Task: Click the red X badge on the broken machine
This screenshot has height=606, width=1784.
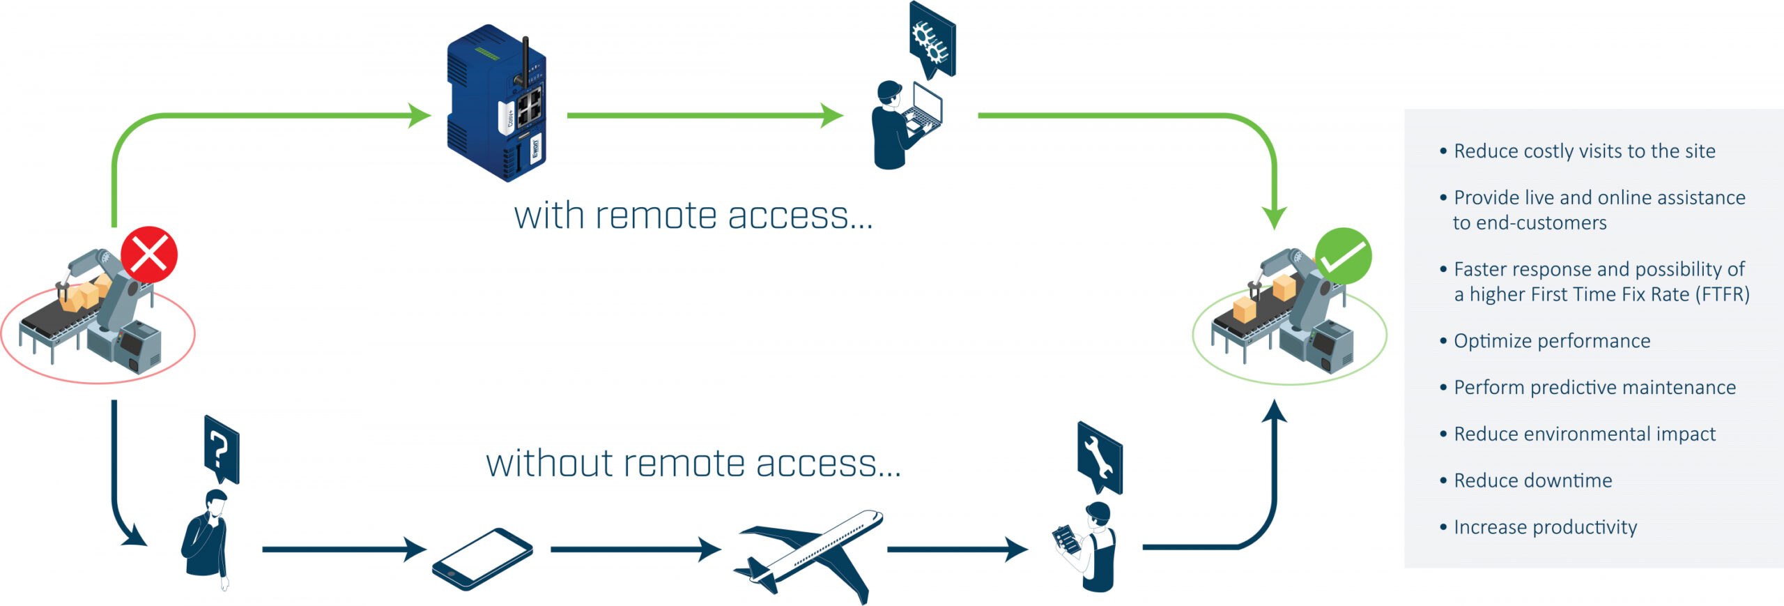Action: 149,254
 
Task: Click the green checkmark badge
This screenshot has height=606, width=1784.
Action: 1343,256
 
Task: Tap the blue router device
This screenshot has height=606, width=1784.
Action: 496,105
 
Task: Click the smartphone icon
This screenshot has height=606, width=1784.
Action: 482,559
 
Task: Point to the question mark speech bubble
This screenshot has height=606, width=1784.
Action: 222,449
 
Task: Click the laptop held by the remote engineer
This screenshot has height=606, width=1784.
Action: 925,112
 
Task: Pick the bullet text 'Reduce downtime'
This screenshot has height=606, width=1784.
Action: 1532,480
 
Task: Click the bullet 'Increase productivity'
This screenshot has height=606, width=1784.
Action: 1545,527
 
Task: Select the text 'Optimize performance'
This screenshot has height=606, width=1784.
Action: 1551,341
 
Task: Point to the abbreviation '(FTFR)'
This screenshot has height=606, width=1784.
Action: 1725,295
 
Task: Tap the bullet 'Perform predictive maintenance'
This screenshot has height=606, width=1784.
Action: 1594,388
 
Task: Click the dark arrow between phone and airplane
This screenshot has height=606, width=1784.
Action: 635,550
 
